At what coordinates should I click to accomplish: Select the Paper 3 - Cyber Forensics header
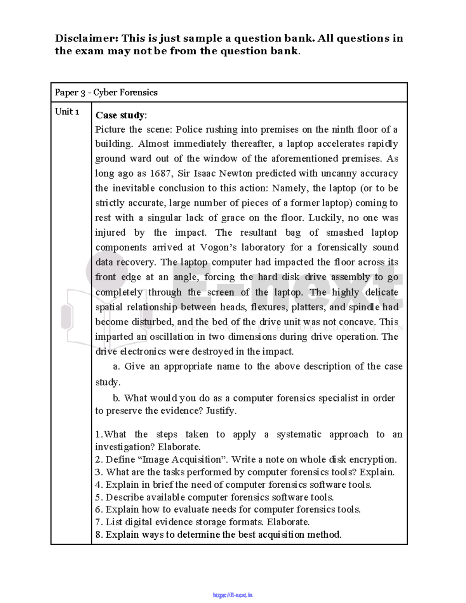point(106,92)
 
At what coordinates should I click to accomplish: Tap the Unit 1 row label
point(67,112)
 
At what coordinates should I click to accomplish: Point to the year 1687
point(160,174)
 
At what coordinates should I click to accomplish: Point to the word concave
point(357,322)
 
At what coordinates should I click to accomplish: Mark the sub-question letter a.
point(116,367)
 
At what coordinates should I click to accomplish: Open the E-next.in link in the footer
point(233,595)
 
